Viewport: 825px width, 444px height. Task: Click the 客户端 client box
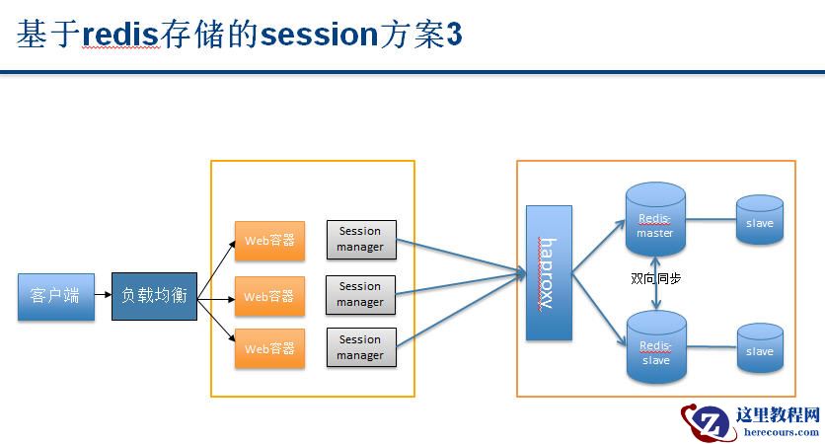click(56, 296)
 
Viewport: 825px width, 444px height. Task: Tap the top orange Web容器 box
click(269, 240)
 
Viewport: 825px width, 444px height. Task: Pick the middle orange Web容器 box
click(269, 296)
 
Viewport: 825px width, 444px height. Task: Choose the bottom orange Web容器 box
click(269, 348)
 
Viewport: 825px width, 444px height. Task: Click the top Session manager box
click(360, 240)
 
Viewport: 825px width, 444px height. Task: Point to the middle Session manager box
click(360, 295)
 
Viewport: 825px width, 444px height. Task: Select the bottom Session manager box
click(360, 348)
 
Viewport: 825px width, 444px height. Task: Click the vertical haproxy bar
click(549, 273)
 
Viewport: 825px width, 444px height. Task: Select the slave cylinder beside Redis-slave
click(760, 350)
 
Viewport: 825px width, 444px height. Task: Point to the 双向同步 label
click(656, 279)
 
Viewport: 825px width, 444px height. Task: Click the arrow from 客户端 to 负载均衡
click(103, 295)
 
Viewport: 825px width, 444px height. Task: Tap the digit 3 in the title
click(454, 36)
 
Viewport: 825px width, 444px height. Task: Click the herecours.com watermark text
click(779, 431)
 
